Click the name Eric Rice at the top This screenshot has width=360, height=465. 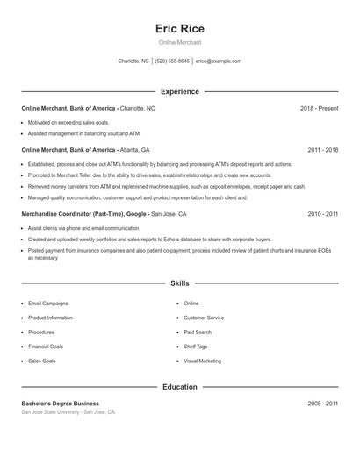[179, 28]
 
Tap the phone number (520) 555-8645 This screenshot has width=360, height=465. [172, 61]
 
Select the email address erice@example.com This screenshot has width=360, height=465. [219, 61]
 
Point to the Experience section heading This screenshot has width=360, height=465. [180, 91]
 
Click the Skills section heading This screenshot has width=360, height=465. [180, 283]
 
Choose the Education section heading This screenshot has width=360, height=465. [180, 387]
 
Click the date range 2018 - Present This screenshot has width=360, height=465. [319, 108]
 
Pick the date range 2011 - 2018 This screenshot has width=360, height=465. [323, 150]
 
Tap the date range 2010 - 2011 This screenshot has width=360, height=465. [323, 213]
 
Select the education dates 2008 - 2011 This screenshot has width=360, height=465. [323, 404]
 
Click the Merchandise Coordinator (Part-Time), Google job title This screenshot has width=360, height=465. [85, 213]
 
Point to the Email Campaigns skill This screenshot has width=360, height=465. [47, 304]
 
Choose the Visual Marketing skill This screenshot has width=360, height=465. [202, 361]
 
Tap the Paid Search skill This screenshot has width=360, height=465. [198, 333]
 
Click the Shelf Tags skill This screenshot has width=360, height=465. [196, 347]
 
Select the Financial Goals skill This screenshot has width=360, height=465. [47, 347]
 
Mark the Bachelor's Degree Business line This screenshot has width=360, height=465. [60, 404]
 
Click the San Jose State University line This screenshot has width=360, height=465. [68, 412]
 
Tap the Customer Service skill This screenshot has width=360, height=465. [204, 318]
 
